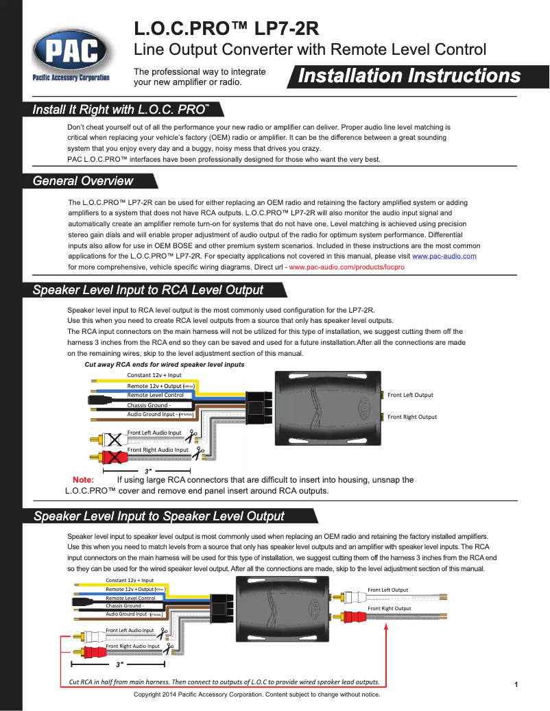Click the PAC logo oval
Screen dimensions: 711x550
71,49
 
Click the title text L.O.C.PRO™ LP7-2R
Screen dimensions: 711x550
226,29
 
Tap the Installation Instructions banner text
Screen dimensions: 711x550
409,76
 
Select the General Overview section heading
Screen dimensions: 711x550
83,181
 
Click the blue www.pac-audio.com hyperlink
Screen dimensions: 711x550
444,256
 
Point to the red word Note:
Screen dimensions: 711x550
83,480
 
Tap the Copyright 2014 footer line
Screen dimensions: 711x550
256,695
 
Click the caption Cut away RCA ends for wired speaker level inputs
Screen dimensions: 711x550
164,365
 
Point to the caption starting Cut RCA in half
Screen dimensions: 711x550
224,682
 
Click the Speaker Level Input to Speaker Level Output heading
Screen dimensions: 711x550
159,516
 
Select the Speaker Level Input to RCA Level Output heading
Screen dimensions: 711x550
148,289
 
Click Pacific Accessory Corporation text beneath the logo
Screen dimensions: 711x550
71,77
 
